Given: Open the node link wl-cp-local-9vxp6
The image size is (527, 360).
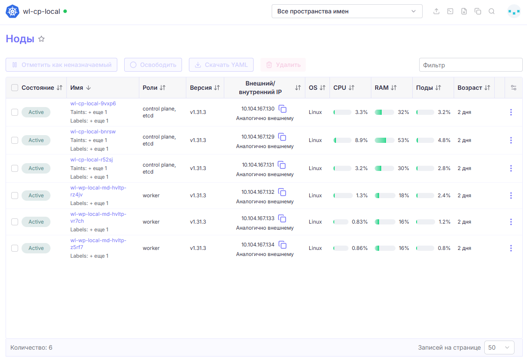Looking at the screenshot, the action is pyautogui.click(x=93, y=103).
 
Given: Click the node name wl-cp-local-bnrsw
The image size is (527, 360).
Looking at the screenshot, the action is pyautogui.click(x=93, y=131).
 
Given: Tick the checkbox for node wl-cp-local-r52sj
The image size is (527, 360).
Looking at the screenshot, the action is pyautogui.click(x=15, y=168).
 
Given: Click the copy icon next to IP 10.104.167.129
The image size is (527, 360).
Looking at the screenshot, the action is pyautogui.click(x=282, y=137).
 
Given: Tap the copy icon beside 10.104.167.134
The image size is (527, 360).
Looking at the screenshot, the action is pyautogui.click(x=282, y=245).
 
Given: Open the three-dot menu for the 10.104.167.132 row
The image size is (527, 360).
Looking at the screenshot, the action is pyautogui.click(x=511, y=196).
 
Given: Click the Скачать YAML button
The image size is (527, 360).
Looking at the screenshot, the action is pyautogui.click(x=221, y=65).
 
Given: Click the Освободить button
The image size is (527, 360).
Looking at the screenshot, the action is pyautogui.click(x=153, y=65).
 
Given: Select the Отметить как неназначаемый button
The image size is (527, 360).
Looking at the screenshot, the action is pyautogui.click(x=61, y=65).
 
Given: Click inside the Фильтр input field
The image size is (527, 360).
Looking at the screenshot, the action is pyautogui.click(x=471, y=65).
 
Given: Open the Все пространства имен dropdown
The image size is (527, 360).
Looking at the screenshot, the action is pyautogui.click(x=347, y=11).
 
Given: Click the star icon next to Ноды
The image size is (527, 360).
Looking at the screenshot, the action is pyautogui.click(x=41, y=39).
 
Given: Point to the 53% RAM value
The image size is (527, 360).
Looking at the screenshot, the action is pyautogui.click(x=403, y=140).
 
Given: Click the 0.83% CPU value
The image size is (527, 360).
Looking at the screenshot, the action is pyautogui.click(x=360, y=222).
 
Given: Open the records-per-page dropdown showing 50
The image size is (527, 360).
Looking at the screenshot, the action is pyautogui.click(x=499, y=347).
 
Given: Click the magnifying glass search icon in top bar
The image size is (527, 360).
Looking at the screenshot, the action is pyautogui.click(x=492, y=11).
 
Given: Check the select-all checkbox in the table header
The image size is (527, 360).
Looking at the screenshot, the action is pyautogui.click(x=15, y=88).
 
